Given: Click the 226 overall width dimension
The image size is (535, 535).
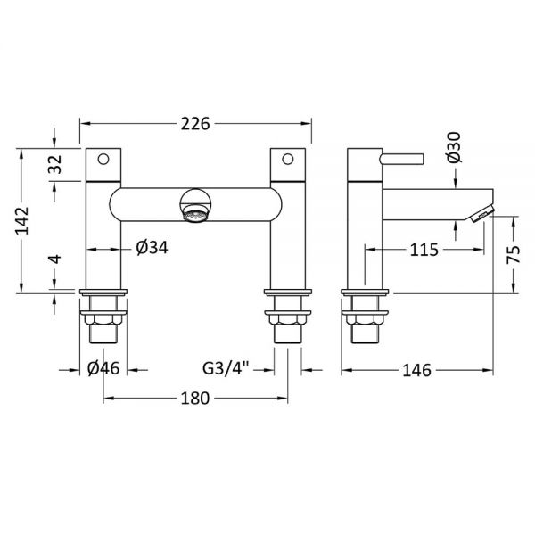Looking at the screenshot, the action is coord(195,124).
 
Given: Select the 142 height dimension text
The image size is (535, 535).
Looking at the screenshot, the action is coord(22,220).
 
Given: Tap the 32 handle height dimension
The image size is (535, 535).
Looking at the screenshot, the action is coord(55,164).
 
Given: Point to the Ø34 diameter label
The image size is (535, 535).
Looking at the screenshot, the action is coord(152,247).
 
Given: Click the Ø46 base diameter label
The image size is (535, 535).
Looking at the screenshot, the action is coord(103,368).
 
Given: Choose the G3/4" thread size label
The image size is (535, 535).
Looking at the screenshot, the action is coord(226,368).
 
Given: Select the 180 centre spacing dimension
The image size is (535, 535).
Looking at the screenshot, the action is coord(194,398).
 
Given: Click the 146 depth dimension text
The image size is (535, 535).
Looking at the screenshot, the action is coord(417,370).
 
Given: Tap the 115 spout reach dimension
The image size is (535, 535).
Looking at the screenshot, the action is coord(424,250).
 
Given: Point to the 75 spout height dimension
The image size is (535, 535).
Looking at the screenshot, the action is coord(513,254).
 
